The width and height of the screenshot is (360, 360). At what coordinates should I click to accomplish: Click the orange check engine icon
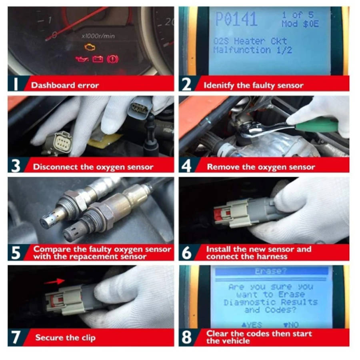90,47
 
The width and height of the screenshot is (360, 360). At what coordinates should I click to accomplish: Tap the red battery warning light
98,60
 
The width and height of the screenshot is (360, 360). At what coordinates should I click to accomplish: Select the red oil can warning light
82,60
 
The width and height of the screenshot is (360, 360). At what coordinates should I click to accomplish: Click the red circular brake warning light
113,60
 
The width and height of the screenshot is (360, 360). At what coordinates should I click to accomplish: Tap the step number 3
16,166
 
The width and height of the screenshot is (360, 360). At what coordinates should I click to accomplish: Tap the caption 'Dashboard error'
65,85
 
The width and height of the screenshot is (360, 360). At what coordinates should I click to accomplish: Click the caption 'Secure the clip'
65,338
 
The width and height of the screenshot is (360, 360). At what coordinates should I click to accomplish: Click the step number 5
16,253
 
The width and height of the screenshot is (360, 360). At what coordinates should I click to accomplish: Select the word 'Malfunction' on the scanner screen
237,50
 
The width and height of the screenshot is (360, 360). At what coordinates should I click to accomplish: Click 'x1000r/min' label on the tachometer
98,36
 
